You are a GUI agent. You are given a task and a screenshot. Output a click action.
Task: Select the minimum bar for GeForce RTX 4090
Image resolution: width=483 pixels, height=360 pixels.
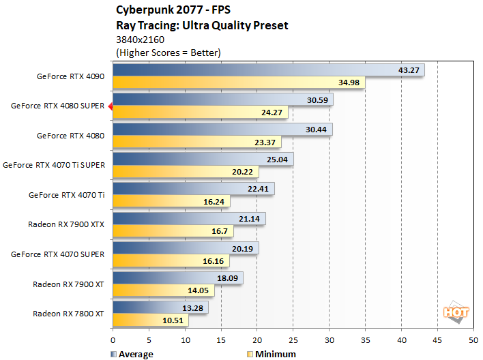point(238,82)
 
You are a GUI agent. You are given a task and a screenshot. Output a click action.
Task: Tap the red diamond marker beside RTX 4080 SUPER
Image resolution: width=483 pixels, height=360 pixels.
point(110,106)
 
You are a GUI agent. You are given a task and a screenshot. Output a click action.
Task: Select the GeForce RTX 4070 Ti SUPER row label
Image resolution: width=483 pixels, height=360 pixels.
point(54,165)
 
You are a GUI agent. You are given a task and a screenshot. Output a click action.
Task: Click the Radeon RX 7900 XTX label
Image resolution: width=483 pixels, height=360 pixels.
point(66,224)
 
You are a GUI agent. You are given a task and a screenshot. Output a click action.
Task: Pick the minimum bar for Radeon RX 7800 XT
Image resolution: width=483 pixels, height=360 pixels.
point(150,320)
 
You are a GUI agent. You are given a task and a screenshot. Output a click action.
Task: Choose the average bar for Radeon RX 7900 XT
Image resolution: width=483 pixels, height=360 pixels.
point(177,277)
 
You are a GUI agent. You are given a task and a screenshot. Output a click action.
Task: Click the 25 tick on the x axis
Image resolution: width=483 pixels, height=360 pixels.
point(293,339)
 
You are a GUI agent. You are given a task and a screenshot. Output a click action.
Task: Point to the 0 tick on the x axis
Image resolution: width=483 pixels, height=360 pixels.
point(113,339)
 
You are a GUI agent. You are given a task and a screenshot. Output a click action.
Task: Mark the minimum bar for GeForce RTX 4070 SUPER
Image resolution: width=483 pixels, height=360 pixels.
point(171,260)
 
